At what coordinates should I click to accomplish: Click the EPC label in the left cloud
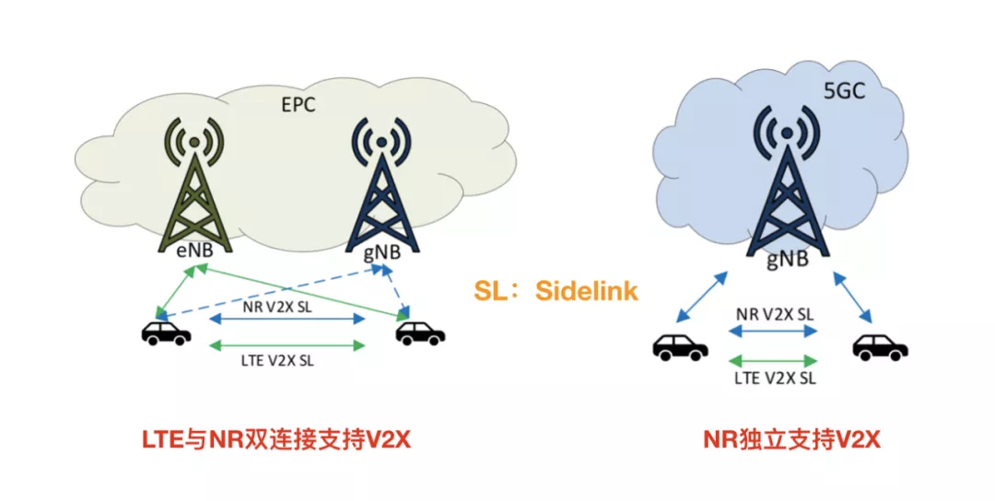click(298, 105)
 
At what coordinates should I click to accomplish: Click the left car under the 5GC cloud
click(681, 347)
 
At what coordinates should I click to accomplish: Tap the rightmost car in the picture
click(880, 347)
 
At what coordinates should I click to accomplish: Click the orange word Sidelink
click(587, 291)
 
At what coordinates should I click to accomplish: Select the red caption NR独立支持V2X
click(791, 441)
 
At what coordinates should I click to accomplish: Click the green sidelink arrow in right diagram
click(773, 360)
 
